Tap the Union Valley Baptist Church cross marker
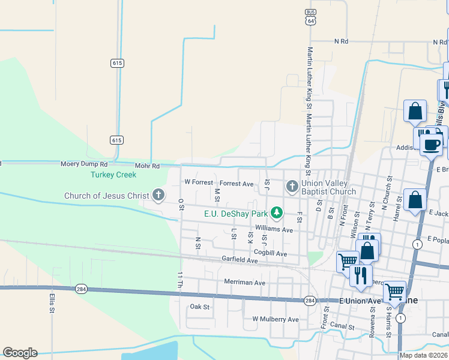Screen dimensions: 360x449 (x=292, y=186)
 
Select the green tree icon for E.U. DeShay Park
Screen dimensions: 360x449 (x=276, y=212)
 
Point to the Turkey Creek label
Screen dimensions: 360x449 (x=113, y=175)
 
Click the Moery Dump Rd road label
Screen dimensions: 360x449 (x=84, y=164)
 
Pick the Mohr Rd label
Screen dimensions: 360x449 (x=148, y=166)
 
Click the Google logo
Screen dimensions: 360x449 (x=20, y=352)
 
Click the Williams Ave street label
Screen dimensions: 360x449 (x=274, y=229)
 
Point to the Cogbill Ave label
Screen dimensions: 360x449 (x=270, y=254)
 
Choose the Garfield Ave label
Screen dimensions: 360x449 (x=240, y=260)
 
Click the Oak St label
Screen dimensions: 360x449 (x=199, y=307)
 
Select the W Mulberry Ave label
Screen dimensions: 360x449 (x=276, y=319)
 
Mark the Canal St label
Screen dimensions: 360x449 (x=342, y=328)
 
